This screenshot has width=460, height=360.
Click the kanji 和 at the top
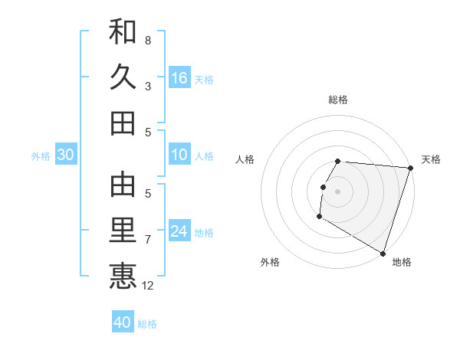click(123, 31)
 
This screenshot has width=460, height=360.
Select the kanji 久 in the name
click(123, 77)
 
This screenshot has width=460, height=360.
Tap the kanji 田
click(123, 123)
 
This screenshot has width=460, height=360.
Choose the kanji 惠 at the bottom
click(123, 276)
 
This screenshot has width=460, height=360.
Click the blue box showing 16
click(179, 77)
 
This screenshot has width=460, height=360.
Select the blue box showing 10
click(179, 155)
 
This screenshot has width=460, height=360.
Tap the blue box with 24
click(179, 231)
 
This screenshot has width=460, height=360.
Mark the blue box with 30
click(66, 155)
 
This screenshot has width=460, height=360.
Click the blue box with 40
click(123, 322)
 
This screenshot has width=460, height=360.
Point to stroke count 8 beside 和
click(148, 40)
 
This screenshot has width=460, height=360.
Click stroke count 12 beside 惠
click(148, 286)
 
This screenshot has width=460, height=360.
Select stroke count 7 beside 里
click(148, 240)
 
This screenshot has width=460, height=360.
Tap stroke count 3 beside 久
click(148, 87)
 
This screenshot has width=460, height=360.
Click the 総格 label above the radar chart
click(338, 100)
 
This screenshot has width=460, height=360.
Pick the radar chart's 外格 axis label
click(270, 262)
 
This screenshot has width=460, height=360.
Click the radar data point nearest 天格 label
click(410, 169)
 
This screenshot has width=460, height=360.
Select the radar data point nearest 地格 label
click(383, 252)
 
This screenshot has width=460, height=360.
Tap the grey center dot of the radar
click(338, 191)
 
